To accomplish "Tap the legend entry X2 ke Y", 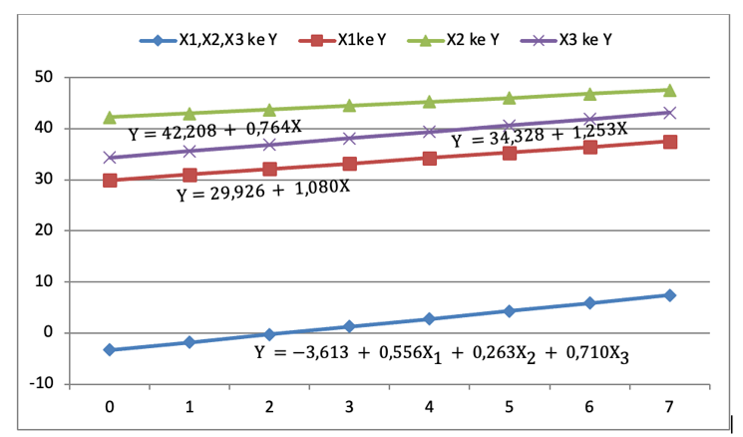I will [459, 40].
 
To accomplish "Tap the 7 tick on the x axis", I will [669, 408].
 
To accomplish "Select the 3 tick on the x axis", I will [349, 408].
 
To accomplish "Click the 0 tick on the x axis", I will [110, 408].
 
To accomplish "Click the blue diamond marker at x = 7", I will [669, 295].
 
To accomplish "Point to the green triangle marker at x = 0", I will [110, 117].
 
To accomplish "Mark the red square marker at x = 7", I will [669, 142].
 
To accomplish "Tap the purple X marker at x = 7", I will [669, 113].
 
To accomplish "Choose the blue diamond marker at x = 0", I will [110, 350].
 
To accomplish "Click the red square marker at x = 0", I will [110, 181].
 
